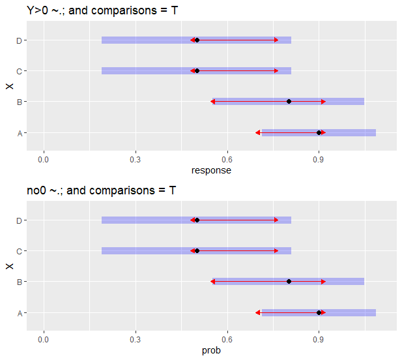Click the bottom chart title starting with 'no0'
click(x=101, y=190)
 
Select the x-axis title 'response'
click(x=211, y=170)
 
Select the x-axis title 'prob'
click(x=211, y=351)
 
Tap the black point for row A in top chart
click(x=319, y=132)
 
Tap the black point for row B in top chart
click(x=289, y=102)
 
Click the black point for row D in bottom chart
click(x=197, y=220)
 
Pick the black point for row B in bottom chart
click(x=289, y=282)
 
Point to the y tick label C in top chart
click(x=21, y=71)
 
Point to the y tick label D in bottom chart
click(x=21, y=220)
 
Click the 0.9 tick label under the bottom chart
click(x=319, y=339)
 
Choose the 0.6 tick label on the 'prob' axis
click(x=227, y=339)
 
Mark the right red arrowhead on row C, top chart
click(x=276, y=70)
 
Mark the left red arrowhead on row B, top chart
click(x=212, y=102)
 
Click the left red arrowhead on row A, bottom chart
click(x=258, y=312)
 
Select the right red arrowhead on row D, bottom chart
click(x=276, y=220)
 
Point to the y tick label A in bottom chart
click(x=21, y=313)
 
